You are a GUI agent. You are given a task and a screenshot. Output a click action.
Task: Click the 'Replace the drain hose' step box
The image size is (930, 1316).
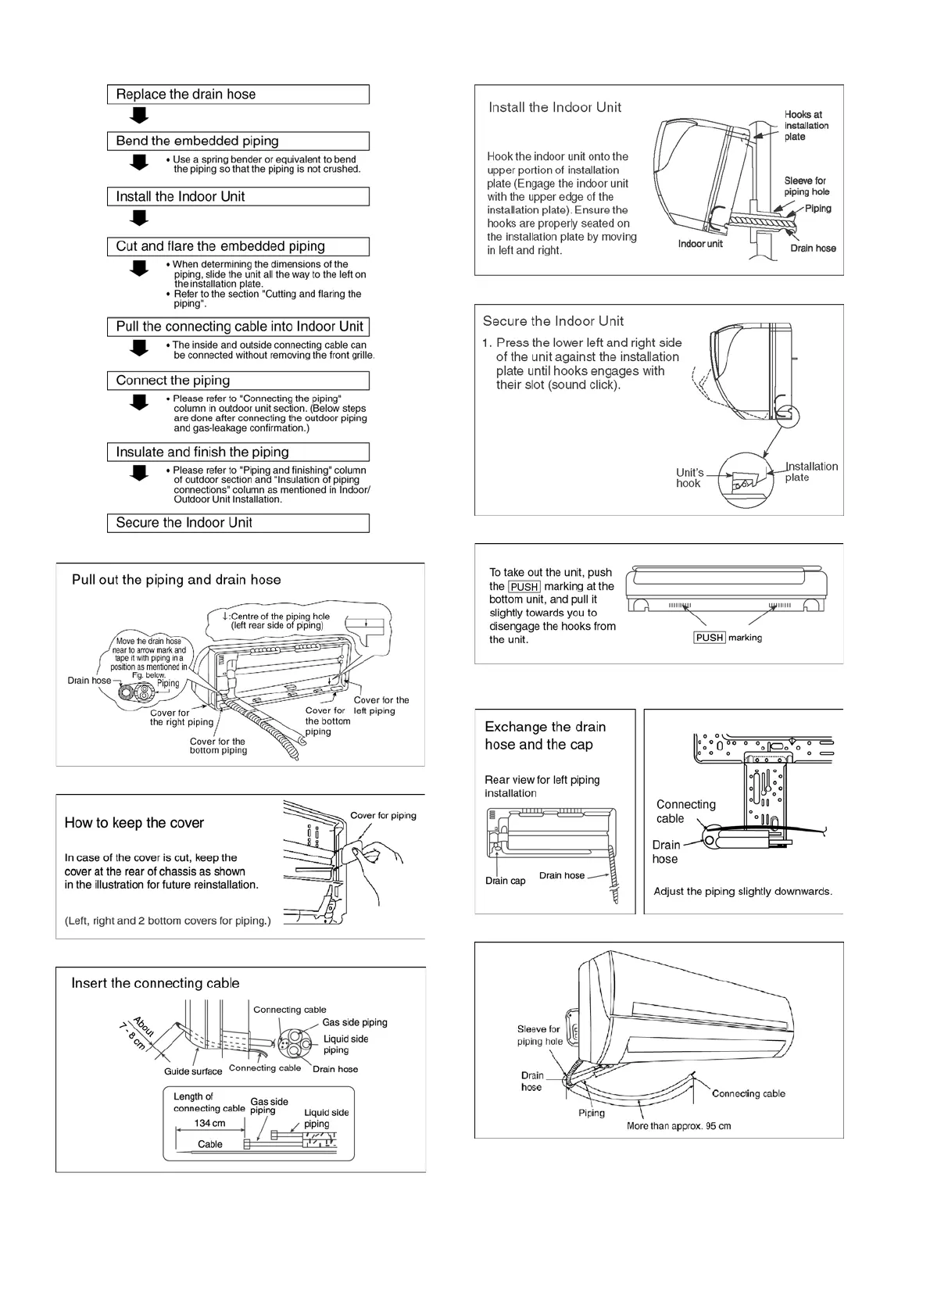[x=238, y=95]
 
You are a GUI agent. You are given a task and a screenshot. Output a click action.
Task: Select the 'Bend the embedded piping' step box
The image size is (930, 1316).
[x=238, y=141]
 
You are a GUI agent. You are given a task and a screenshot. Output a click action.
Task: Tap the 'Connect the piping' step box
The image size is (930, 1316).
[x=238, y=381]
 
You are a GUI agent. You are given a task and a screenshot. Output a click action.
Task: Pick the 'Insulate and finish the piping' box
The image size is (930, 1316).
[x=238, y=452]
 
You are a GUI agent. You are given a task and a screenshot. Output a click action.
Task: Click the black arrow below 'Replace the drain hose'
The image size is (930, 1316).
[x=139, y=116]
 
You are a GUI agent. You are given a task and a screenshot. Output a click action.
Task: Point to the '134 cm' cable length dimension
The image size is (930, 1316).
[x=209, y=1123]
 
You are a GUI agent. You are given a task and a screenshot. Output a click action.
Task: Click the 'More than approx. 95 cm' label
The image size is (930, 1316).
[x=678, y=1126]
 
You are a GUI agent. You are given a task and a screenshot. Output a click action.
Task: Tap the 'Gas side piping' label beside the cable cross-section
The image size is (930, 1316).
[x=355, y=1022]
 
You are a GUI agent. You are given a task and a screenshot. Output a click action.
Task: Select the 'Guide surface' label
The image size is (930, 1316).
[x=193, y=1071]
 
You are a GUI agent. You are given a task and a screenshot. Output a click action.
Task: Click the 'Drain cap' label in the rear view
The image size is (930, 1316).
[x=505, y=881]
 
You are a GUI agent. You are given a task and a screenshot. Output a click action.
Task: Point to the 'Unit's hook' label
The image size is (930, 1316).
[x=689, y=477]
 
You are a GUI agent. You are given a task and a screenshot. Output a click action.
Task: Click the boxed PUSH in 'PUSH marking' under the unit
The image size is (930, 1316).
[x=710, y=638]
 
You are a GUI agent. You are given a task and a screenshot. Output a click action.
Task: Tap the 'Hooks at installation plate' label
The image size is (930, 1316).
[x=806, y=126]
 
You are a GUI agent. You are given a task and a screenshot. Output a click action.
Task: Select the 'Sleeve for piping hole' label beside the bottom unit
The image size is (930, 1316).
[x=538, y=1035]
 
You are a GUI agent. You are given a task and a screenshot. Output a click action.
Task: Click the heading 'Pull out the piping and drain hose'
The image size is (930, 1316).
[x=176, y=580]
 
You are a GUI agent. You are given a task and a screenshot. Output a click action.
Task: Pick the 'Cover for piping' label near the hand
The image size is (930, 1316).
[x=383, y=816]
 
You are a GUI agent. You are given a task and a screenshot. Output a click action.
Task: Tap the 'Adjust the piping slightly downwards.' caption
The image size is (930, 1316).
[x=742, y=892]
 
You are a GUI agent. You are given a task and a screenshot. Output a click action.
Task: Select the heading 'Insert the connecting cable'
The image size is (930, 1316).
[x=156, y=983]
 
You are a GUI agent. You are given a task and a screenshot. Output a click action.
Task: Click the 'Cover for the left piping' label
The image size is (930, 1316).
[x=381, y=706]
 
